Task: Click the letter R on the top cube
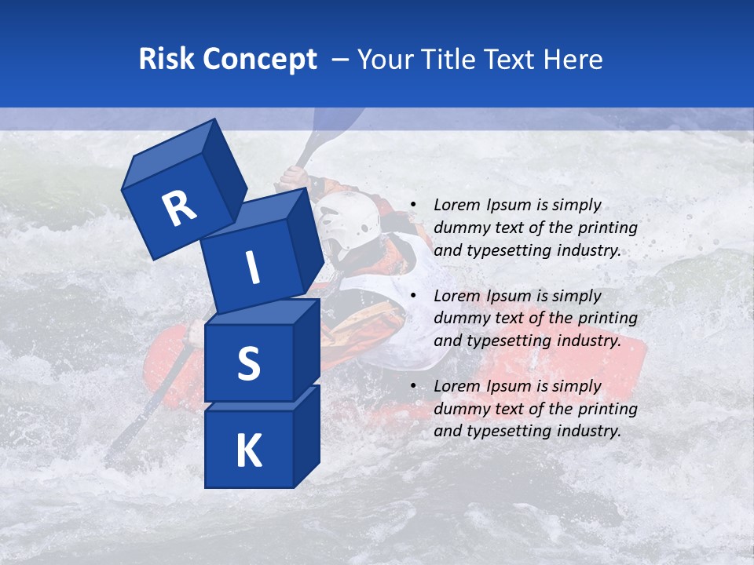(x=180, y=209)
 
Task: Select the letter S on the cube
(x=248, y=363)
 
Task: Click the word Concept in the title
(x=260, y=59)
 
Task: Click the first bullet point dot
(x=413, y=206)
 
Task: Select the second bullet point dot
(x=413, y=296)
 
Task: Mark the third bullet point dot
(x=413, y=386)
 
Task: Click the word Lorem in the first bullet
(x=456, y=206)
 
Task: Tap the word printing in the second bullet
(x=607, y=319)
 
